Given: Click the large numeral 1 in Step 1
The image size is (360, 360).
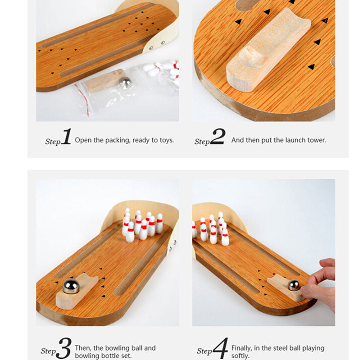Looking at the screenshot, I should [x=66, y=137].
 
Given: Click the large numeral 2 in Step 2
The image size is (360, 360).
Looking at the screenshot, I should [x=217, y=137].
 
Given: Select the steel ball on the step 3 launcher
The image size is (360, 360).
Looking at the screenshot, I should [x=71, y=286].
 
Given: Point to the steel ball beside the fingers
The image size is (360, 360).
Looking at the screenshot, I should [x=294, y=285].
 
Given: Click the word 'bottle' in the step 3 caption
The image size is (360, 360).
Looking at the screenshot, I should [x=106, y=356].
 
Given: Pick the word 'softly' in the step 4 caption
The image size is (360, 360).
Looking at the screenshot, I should [x=240, y=356].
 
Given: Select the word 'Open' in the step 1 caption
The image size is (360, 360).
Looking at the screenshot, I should [x=83, y=140].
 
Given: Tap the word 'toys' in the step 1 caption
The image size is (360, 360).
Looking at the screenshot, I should [x=166, y=140].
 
